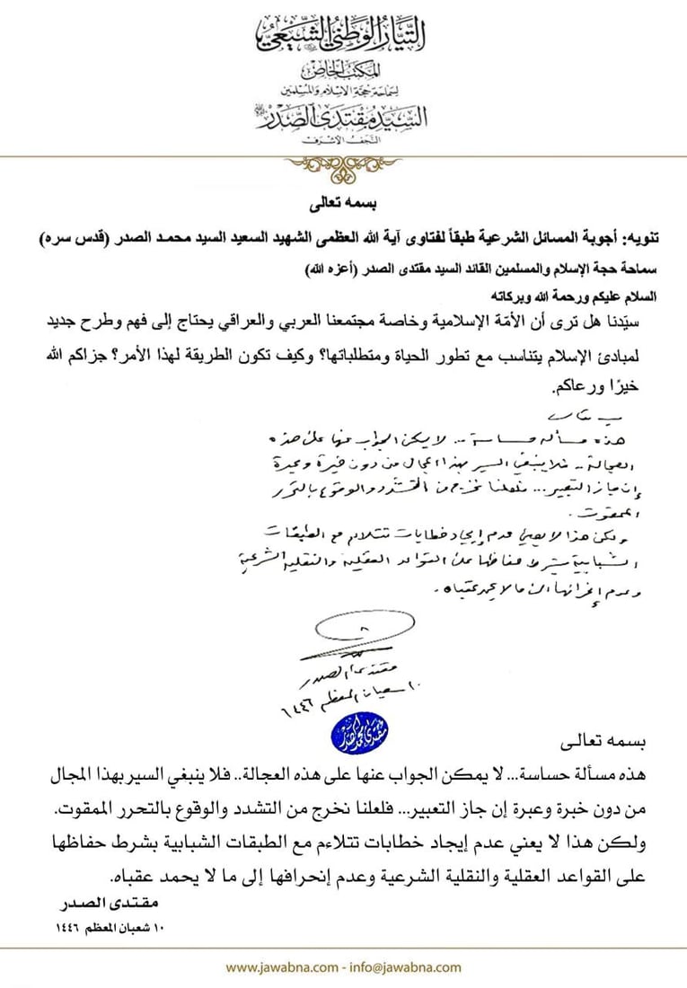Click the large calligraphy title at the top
343,33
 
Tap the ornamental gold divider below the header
343,165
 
